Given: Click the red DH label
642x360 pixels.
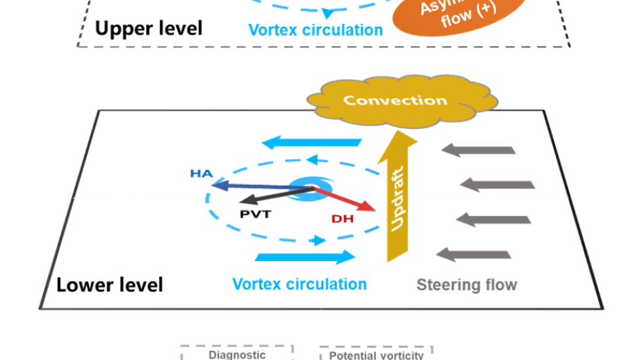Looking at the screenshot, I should click(342, 220).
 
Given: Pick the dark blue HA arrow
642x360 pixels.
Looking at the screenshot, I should click(247, 186).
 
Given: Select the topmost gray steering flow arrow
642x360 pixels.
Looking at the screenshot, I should click(479, 150).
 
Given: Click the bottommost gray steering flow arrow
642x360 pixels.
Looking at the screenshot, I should click(473, 253).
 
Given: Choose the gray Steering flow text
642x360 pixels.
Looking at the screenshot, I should click(466, 285).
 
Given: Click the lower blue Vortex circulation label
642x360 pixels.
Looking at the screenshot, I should click(300, 284).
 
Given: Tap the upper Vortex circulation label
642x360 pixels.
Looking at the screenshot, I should click(316, 30).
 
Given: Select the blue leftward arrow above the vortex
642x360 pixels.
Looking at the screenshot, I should click(311, 143).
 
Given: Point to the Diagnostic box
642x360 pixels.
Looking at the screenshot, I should click(237, 352).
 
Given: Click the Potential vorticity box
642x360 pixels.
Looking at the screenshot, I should click(376, 353).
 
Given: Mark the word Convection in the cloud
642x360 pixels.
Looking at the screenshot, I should click(394, 100).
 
